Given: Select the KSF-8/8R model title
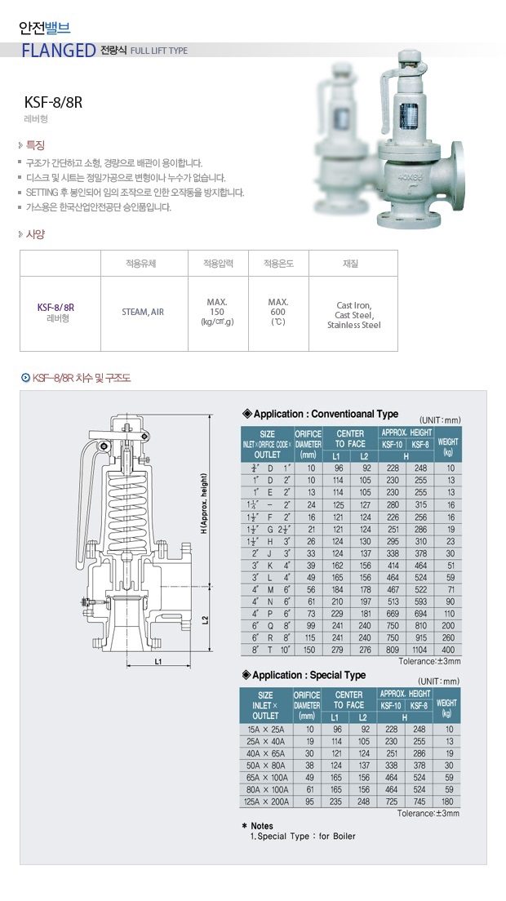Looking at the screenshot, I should (x=54, y=103).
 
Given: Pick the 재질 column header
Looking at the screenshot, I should (x=350, y=264).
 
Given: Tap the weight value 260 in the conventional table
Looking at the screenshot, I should (x=447, y=637).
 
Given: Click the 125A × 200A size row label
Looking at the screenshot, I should (x=265, y=801).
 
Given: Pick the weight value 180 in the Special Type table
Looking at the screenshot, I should (x=447, y=801).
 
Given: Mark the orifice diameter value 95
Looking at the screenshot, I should (x=308, y=801).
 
